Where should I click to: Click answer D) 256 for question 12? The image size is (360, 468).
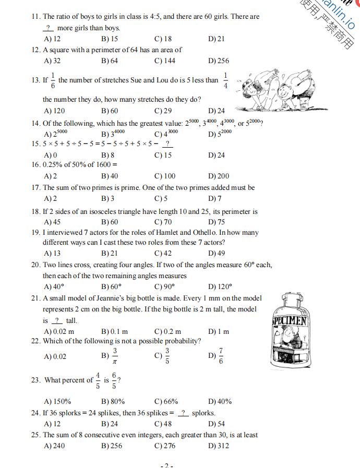pos(218,61)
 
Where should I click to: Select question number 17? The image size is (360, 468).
pos(36,188)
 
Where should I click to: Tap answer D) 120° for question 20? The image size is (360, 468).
pos(220,286)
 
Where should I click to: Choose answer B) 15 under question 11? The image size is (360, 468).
pos(109,39)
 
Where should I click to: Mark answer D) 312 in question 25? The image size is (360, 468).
pos(218,446)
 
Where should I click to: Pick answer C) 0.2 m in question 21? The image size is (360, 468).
pos(168,332)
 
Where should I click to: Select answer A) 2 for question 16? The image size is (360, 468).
pos(51,176)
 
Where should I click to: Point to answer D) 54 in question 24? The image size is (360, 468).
pos(216,424)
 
